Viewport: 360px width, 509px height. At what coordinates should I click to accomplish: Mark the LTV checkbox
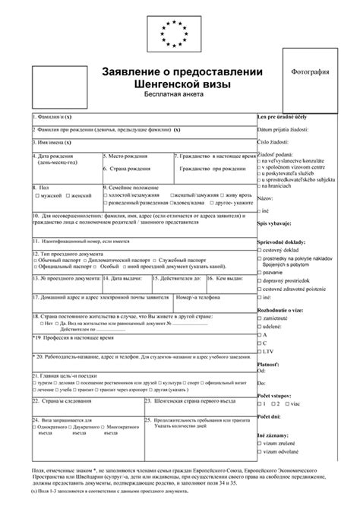pos(261,352)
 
